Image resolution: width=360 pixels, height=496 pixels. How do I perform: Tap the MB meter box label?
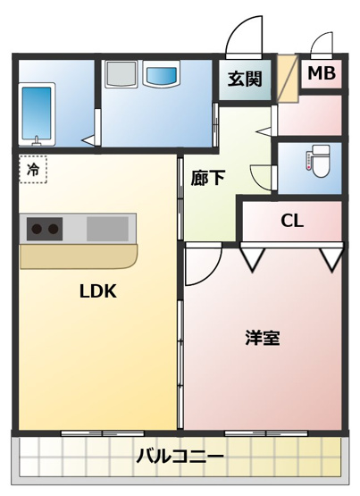tap(322, 73)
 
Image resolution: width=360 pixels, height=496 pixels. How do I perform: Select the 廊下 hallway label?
tap(207, 178)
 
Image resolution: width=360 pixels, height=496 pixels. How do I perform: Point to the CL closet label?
tap(291, 221)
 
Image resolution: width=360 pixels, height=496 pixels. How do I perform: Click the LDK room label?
tap(98, 290)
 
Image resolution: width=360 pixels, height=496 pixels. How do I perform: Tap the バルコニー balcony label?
tap(180, 457)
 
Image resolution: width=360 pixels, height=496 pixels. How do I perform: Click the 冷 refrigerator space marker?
tap(33, 168)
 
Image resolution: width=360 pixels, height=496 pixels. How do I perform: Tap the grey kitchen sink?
tap(108, 230)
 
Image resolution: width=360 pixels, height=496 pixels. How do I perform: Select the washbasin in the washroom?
tap(162, 78)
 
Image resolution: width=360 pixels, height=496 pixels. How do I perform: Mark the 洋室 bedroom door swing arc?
tap(204, 266)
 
